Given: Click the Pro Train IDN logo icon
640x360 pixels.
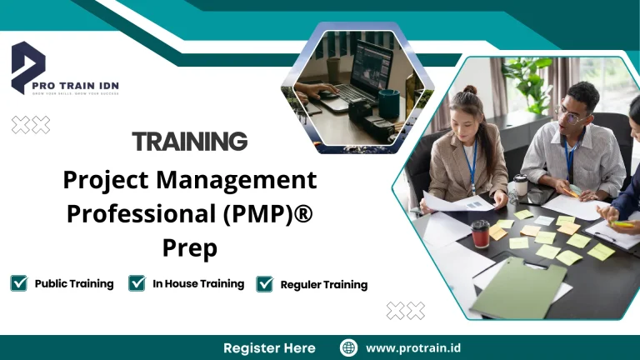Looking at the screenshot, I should (x=27, y=67).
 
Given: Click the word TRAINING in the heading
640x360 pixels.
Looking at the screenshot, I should (x=190, y=141).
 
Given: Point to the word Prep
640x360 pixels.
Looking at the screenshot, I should (x=190, y=247).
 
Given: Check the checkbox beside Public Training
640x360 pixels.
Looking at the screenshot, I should (x=18, y=283).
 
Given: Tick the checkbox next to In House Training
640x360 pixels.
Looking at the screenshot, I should (x=137, y=283).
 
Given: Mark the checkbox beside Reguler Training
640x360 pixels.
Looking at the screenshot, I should (x=265, y=284).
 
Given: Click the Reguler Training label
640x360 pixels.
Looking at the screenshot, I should (x=323, y=284).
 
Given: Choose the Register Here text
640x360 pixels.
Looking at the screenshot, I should (x=269, y=347).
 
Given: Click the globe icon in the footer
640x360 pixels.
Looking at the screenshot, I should (x=348, y=347).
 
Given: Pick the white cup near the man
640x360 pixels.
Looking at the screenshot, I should (x=522, y=184).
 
